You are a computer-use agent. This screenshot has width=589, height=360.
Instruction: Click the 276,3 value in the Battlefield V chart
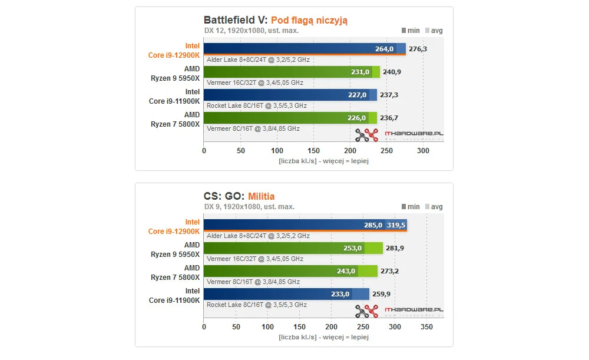tap(418, 49)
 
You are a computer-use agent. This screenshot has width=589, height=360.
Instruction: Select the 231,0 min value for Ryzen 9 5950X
tap(360, 72)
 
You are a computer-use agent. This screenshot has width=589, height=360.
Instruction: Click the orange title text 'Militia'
tap(261, 196)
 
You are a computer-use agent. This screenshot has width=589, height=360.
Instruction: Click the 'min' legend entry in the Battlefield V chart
tap(411, 30)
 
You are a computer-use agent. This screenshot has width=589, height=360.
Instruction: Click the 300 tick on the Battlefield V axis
tap(423, 151)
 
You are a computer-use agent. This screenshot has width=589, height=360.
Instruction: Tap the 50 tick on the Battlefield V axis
tap(240, 151)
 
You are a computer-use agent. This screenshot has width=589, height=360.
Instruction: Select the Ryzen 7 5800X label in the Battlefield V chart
tap(174, 120)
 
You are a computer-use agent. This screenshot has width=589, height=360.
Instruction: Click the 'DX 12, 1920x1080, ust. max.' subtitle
tap(251, 31)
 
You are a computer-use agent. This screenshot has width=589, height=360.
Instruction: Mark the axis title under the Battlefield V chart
tap(323, 161)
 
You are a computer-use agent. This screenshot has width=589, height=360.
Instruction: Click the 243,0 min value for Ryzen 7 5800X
tap(346, 271)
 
